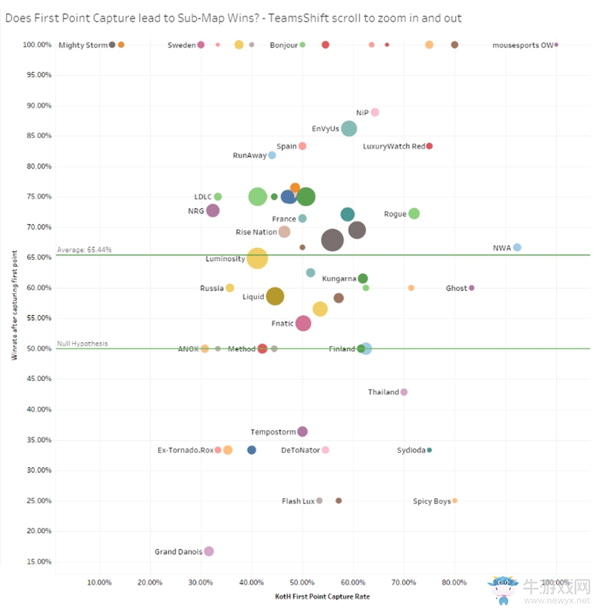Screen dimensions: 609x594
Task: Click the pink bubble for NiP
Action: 375,112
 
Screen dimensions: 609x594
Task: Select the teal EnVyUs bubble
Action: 349,128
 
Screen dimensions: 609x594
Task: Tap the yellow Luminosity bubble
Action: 257,258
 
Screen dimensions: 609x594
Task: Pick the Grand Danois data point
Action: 209,551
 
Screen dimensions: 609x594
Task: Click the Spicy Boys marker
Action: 454,501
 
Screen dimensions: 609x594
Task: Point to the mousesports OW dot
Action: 556,45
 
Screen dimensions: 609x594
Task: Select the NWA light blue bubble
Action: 518,247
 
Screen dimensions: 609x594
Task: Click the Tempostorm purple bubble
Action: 302,431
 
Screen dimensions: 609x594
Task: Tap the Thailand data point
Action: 404,392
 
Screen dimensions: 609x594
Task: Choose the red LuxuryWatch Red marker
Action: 429,146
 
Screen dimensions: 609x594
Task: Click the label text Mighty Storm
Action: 83,45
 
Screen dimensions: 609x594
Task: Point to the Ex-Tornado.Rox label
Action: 185,450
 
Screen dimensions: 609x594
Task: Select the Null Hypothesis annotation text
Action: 82,344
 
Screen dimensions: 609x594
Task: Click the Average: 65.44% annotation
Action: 84,250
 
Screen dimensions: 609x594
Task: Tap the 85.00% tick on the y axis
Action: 37,136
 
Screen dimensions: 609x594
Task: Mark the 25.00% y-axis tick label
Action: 37,501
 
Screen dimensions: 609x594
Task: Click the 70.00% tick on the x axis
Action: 404,582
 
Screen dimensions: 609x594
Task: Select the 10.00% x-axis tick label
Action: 99,582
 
